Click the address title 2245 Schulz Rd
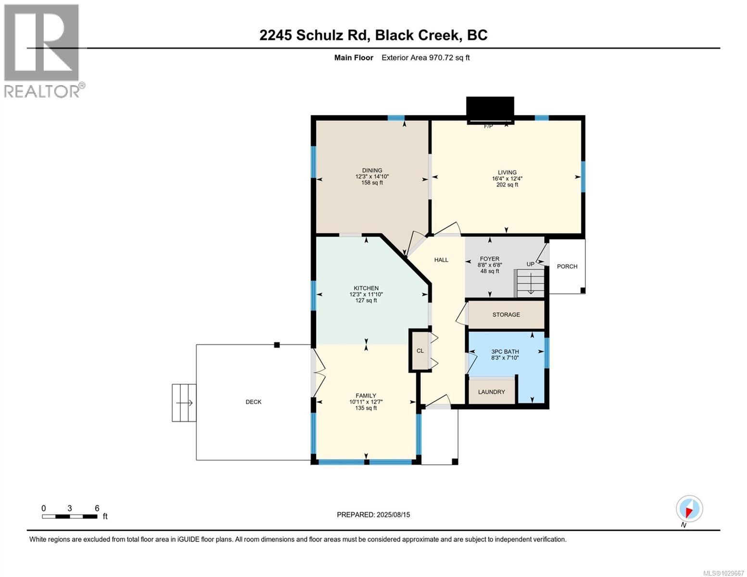click(373, 35)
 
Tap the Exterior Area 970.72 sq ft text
click(425, 58)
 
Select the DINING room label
click(372, 171)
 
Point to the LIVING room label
click(507, 173)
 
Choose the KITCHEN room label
click(366, 288)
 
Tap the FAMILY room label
click(366, 396)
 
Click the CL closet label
click(420, 351)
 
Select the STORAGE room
click(506, 315)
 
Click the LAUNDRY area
click(492, 392)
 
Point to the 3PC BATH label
click(505, 351)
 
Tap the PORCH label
click(567, 266)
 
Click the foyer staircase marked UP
click(531, 283)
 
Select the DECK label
click(253, 402)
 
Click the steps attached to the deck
click(184, 403)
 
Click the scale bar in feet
click(70, 516)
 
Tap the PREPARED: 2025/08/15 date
click(373, 515)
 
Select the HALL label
click(441, 260)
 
